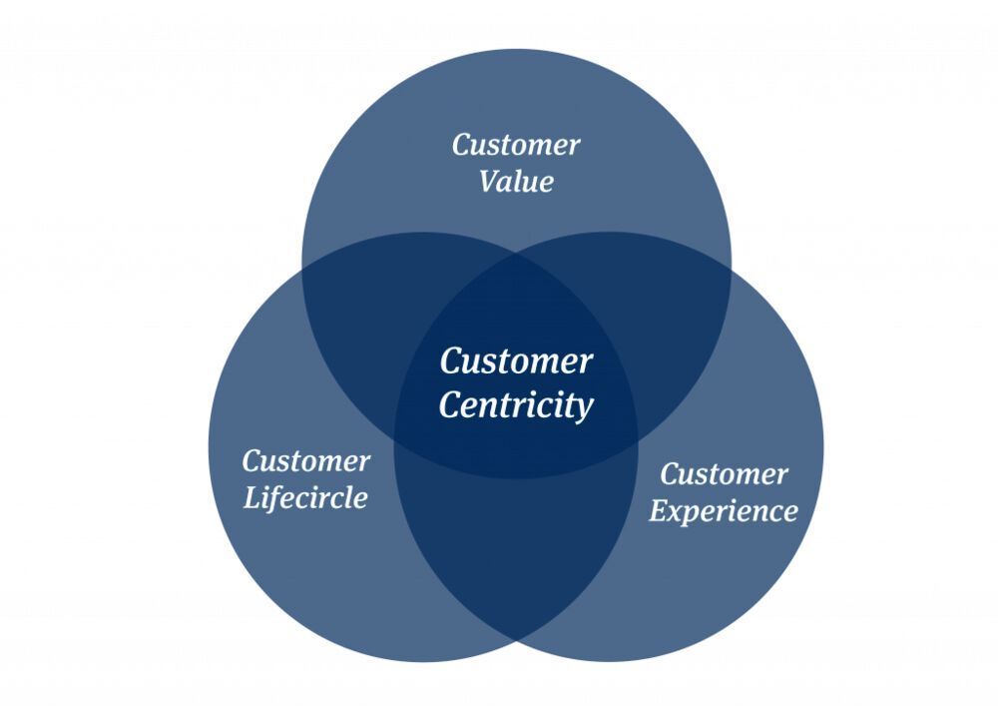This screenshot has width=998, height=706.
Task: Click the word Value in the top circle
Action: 516,182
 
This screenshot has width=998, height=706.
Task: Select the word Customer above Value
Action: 516,145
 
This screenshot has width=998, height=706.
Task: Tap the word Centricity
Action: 516,405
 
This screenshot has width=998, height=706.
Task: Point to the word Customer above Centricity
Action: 516,360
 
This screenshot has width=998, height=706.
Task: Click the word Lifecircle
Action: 305,497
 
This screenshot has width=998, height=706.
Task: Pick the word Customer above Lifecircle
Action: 305,461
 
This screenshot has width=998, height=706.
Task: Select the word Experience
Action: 724,511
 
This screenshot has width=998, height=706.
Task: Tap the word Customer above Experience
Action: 724,473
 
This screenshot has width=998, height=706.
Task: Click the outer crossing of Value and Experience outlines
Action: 730,270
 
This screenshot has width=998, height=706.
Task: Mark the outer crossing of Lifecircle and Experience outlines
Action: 516,639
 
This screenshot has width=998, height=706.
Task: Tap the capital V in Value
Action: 488,182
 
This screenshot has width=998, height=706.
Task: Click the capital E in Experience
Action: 658,511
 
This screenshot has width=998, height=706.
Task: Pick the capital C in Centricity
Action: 449,405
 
